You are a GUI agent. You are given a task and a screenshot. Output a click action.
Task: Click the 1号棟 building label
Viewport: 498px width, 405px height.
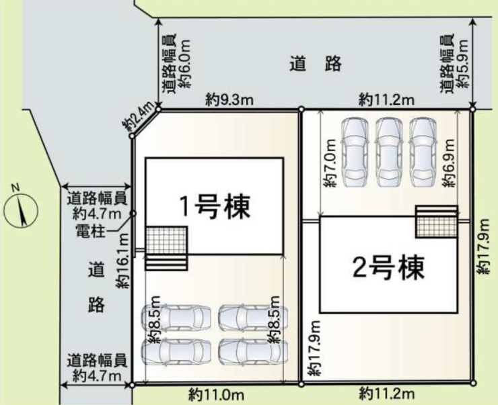[215, 208]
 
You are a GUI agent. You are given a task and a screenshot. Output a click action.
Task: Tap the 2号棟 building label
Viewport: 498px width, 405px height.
[389, 268]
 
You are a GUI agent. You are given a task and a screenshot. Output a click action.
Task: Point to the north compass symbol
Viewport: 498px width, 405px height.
[21, 210]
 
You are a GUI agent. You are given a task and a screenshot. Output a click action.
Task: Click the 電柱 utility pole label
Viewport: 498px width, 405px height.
[91, 231]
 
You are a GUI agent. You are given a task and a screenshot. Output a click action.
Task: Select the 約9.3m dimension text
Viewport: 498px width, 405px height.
[229, 100]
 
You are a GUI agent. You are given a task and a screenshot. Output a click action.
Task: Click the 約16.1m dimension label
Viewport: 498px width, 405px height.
[123, 261]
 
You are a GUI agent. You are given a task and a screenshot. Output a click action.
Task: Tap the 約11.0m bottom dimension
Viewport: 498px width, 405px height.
[216, 395]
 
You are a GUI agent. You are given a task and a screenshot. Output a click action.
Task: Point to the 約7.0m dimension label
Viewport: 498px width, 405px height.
[329, 163]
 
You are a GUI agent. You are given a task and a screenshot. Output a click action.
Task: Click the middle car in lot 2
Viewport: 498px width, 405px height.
[389, 152]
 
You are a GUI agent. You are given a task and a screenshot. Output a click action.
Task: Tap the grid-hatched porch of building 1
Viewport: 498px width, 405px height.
[166, 240]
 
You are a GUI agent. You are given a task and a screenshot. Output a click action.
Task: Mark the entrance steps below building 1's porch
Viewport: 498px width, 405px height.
[166, 263]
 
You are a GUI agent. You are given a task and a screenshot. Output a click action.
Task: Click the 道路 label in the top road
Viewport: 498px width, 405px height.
[316, 63]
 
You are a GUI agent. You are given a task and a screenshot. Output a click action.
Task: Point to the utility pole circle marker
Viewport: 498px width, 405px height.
[134, 214]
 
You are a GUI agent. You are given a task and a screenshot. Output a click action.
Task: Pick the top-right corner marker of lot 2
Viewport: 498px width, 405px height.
[472, 109]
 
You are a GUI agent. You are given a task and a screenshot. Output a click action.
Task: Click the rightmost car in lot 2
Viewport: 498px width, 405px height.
[423, 152]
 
